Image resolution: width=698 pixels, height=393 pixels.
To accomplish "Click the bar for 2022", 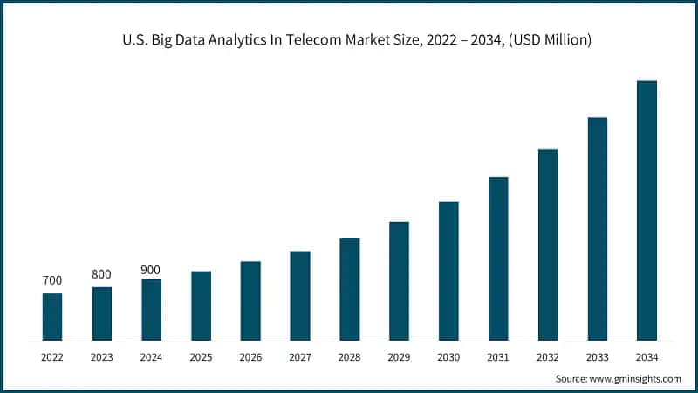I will coord(52,317).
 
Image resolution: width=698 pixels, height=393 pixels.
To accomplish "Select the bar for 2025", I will coord(201,306).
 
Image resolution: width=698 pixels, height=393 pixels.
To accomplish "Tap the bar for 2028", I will coord(350,289).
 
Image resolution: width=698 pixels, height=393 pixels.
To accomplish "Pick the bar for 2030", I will coord(448,271).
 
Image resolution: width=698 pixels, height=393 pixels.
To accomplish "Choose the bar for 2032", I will coord(548,245).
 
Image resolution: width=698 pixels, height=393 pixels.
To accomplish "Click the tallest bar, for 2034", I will coord(647,210).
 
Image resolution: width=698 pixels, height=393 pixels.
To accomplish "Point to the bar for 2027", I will coord(300,295).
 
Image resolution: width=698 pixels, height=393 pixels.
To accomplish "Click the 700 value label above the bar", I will coord(52,281).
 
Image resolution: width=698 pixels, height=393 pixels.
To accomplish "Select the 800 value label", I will coord(102,274).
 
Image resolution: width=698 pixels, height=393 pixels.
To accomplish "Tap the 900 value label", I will coord(151,270).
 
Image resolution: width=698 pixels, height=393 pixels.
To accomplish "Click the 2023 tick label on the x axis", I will coord(102,357).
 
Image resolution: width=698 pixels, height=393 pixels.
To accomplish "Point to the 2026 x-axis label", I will coord(250,357).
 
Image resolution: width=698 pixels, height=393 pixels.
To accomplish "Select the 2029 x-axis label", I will coord(399,357).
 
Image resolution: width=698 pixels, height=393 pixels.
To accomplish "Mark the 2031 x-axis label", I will coord(498,357).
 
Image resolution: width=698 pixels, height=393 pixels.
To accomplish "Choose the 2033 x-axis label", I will coord(597,357).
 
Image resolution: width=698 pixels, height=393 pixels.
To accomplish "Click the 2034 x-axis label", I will coord(647,357).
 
